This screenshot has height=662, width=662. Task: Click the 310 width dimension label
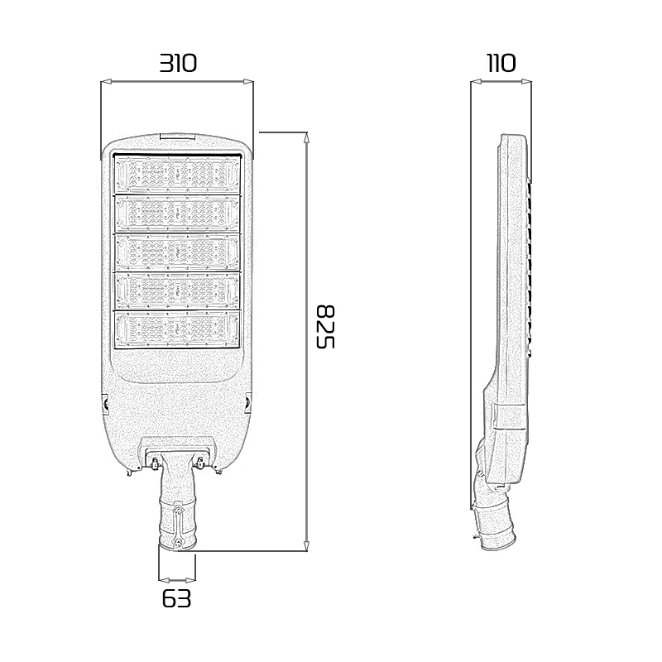(x=178, y=64)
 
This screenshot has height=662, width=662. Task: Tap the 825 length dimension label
(x=326, y=326)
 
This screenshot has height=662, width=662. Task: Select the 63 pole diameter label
(x=176, y=598)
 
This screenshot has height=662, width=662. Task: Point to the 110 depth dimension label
(x=501, y=64)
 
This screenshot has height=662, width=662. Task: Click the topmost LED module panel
(x=177, y=174)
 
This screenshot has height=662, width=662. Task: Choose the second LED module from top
(x=177, y=213)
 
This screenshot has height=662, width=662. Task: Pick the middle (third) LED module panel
(x=177, y=252)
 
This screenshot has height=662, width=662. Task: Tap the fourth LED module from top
(x=177, y=290)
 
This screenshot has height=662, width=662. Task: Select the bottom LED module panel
(x=177, y=329)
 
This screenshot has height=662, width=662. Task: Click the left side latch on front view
(x=105, y=403)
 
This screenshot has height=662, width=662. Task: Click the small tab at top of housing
(x=178, y=137)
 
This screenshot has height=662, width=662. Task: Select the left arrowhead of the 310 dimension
(x=107, y=81)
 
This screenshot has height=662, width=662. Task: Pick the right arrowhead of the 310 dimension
(x=248, y=81)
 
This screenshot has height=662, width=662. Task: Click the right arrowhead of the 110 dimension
(x=526, y=81)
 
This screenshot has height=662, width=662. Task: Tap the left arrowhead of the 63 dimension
(x=163, y=581)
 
